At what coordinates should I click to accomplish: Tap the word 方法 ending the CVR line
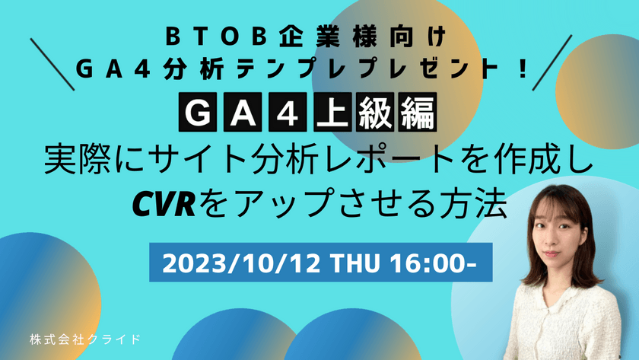tap(477, 202)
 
